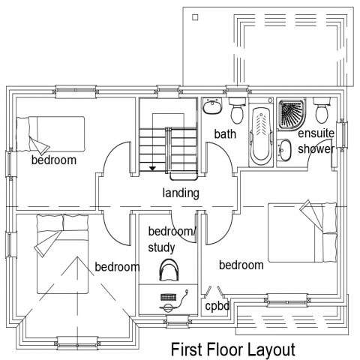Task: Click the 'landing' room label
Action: tap(181, 193)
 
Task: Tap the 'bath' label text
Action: tap(225, 134)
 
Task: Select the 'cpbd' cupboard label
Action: tap(217, 306)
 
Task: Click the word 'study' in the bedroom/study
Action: tap(161, 248)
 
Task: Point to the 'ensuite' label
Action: tap(316, 133)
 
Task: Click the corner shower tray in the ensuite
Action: tap(292, 114)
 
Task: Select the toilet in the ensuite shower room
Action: tap(322, 110)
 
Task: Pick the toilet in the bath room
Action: tap(237, 110)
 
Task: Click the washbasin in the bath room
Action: tap(212, 106)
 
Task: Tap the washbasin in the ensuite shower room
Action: tap(284, 149)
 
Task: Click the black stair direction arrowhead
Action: tap(152, 169)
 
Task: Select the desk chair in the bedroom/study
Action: tap(169, 270)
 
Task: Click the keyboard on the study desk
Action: tap(168, 298)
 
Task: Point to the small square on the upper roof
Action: tap(196, 17)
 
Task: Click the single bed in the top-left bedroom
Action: tap(50, 134)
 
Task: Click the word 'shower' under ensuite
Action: tap(316, 149)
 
